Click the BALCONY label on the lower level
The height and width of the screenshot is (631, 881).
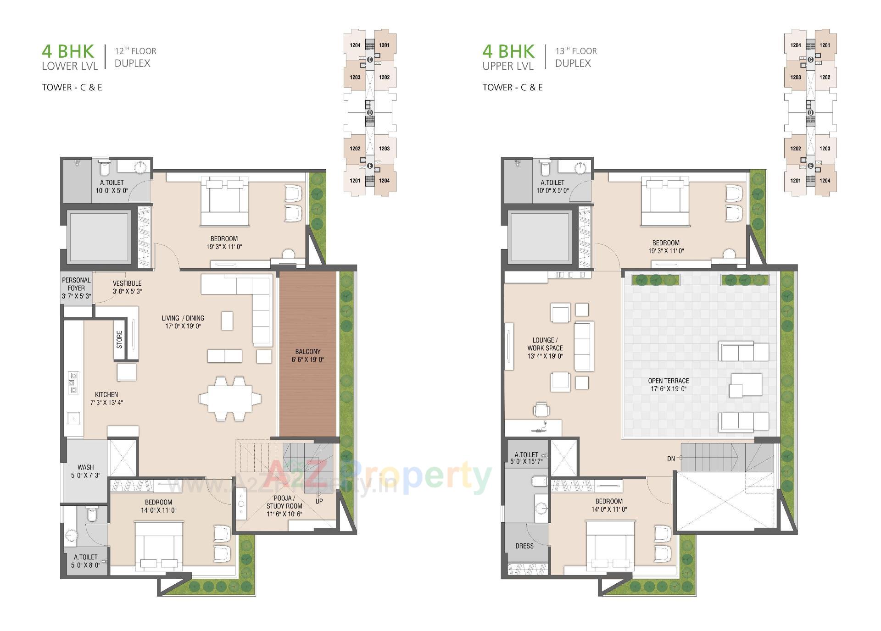[x=307, y=355]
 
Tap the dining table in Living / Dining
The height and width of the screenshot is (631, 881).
[x=229, y=399]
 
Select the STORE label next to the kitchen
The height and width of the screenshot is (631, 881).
[x=119, y=339]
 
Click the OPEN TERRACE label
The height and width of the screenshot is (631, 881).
[x=668, y=385]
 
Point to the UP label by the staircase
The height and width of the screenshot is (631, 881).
[x=319, y=501]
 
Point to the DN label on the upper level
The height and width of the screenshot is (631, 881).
[x=671, y=459]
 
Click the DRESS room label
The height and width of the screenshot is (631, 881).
[x=524, y=546]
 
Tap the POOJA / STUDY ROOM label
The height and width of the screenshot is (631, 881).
[x=284, y=506]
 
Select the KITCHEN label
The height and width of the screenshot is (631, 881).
[x=106, y=399]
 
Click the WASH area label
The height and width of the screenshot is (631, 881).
[x=85, y=471]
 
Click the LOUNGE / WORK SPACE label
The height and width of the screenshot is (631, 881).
[x=545, y=348]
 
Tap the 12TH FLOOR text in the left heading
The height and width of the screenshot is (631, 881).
[x=135, y=51]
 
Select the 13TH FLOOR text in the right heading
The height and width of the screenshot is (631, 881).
[x=576, y=51]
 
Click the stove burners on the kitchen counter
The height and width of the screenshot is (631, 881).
[x=73, y=383]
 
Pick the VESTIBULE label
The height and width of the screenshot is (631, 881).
[x=127, y=287]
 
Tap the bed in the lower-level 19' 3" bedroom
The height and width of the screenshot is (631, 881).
[x=224, y=202]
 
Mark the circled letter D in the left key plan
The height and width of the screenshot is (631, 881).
[x=370, y=113]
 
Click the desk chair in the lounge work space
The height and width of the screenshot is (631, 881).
[x=542, y=409]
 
